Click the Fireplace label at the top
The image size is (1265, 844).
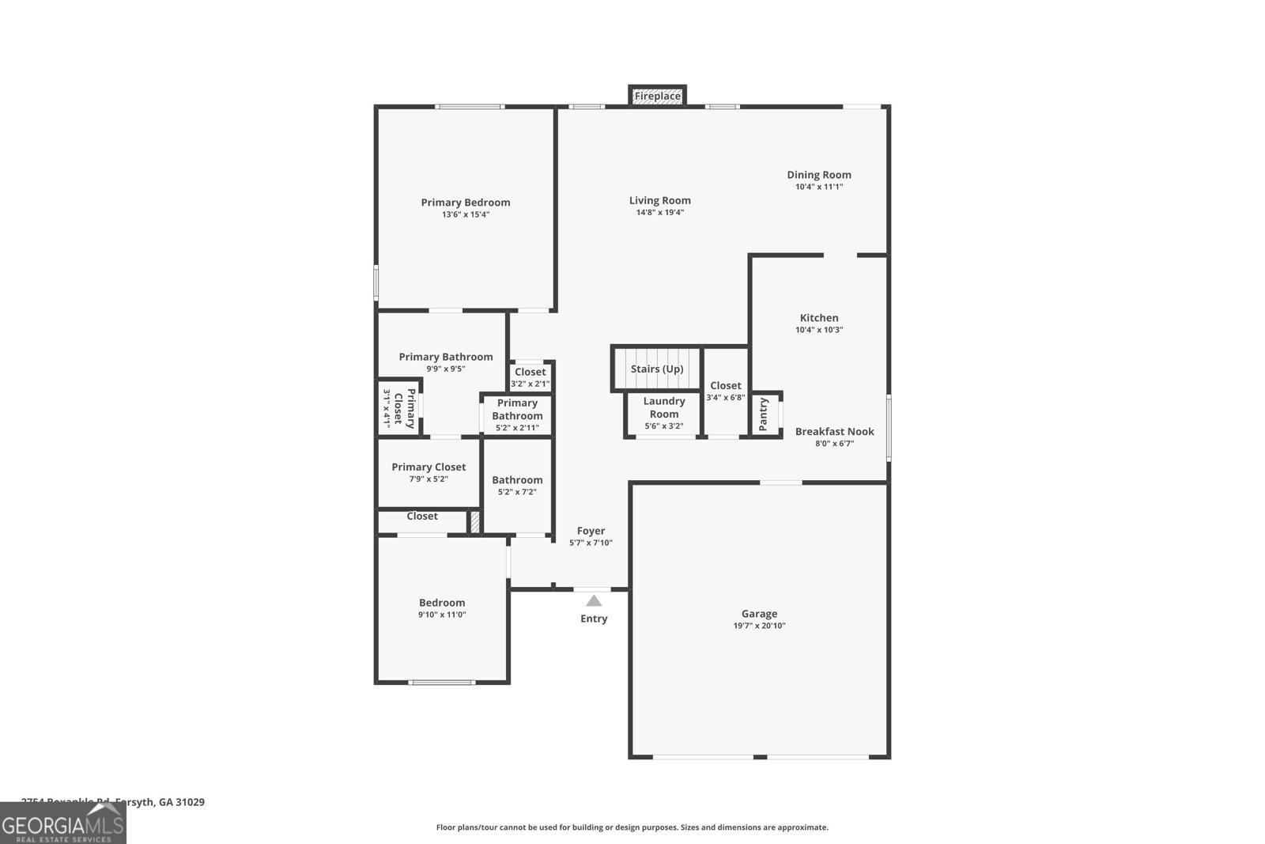point(658,97)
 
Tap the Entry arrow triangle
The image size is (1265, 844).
point(594,601)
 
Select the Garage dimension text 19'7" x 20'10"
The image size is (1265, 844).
point(759,626)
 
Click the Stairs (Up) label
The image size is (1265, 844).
point(657,369)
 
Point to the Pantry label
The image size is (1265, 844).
point(764,414)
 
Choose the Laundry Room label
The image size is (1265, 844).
point(664,407)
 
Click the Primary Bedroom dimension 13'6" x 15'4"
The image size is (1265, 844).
point(466,214)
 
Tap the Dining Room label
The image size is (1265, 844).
point(819,175)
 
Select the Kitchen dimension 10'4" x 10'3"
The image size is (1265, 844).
point(819,330)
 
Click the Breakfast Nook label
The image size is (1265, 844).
point(835,431)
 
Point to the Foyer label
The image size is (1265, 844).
point(591,531)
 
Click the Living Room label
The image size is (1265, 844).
point(660,201)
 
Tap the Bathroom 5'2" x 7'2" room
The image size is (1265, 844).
point(517,485)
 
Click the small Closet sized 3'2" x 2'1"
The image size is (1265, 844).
point(530,377)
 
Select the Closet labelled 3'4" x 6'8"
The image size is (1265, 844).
point(726,391)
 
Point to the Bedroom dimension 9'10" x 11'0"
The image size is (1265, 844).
point(442,615)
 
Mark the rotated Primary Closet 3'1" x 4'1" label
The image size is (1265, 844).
point(398,408)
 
